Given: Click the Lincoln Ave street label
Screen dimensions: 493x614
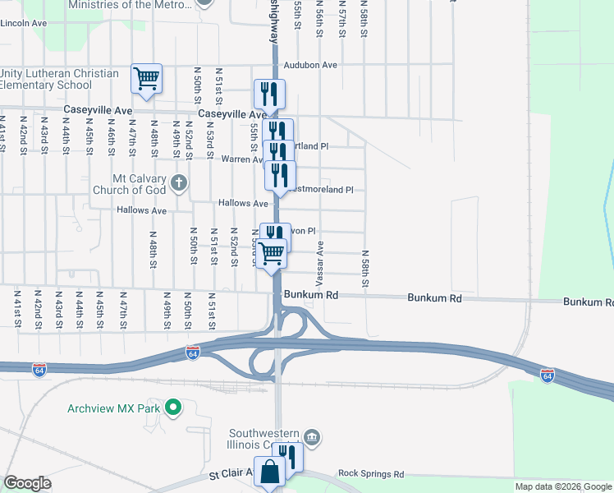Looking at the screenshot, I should coord(24,23).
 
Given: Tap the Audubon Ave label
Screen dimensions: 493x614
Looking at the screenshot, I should coord(310,65).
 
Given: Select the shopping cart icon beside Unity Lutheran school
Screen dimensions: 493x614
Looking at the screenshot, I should coord(147,80).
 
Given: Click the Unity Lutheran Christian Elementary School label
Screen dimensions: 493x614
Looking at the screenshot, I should coord(59,79).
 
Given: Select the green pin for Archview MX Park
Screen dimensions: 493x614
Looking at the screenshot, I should coord(172,407).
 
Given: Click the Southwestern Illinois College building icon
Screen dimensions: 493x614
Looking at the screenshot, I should coord(311,436).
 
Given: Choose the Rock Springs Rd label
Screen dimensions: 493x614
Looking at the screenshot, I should coord(371,474).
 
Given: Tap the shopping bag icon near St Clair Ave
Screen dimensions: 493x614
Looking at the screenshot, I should coord(270,472).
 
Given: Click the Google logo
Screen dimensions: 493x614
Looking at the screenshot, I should coord(27,483).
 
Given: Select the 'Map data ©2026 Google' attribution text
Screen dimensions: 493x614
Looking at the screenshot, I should coord(563,486).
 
